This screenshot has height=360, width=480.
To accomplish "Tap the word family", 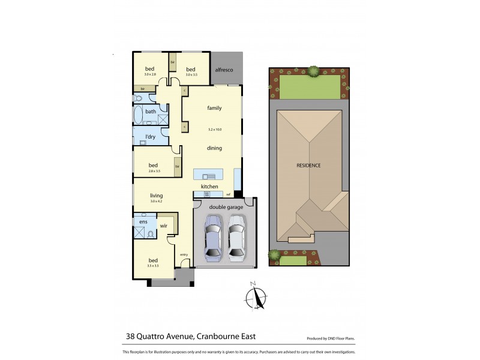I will tap(214, 108).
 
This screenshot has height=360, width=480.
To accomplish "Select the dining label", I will tap(214, 148).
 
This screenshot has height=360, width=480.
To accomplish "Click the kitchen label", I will tap(209, 187).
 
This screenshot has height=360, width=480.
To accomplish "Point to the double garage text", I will tap(226, 207).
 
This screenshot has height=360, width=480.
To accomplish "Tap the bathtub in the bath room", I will tap(139, 115).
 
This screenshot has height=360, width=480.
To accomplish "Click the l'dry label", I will tap(151, 137).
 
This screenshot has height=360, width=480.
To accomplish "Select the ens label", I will tap(143, 222).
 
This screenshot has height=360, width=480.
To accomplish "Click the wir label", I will tap(163, 226).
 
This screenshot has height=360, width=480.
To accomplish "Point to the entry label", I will tap(184, 254).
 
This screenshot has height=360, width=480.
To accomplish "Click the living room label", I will tap(156, 196).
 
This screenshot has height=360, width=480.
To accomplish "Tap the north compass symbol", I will tap(257, 296).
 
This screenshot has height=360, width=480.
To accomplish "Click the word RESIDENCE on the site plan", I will tap(308, 165).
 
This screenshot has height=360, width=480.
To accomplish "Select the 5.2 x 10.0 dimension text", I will tap(214, 130).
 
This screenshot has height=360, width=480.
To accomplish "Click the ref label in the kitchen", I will tap(228, 194).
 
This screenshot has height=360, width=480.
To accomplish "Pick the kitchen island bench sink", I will tap(209, 176).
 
